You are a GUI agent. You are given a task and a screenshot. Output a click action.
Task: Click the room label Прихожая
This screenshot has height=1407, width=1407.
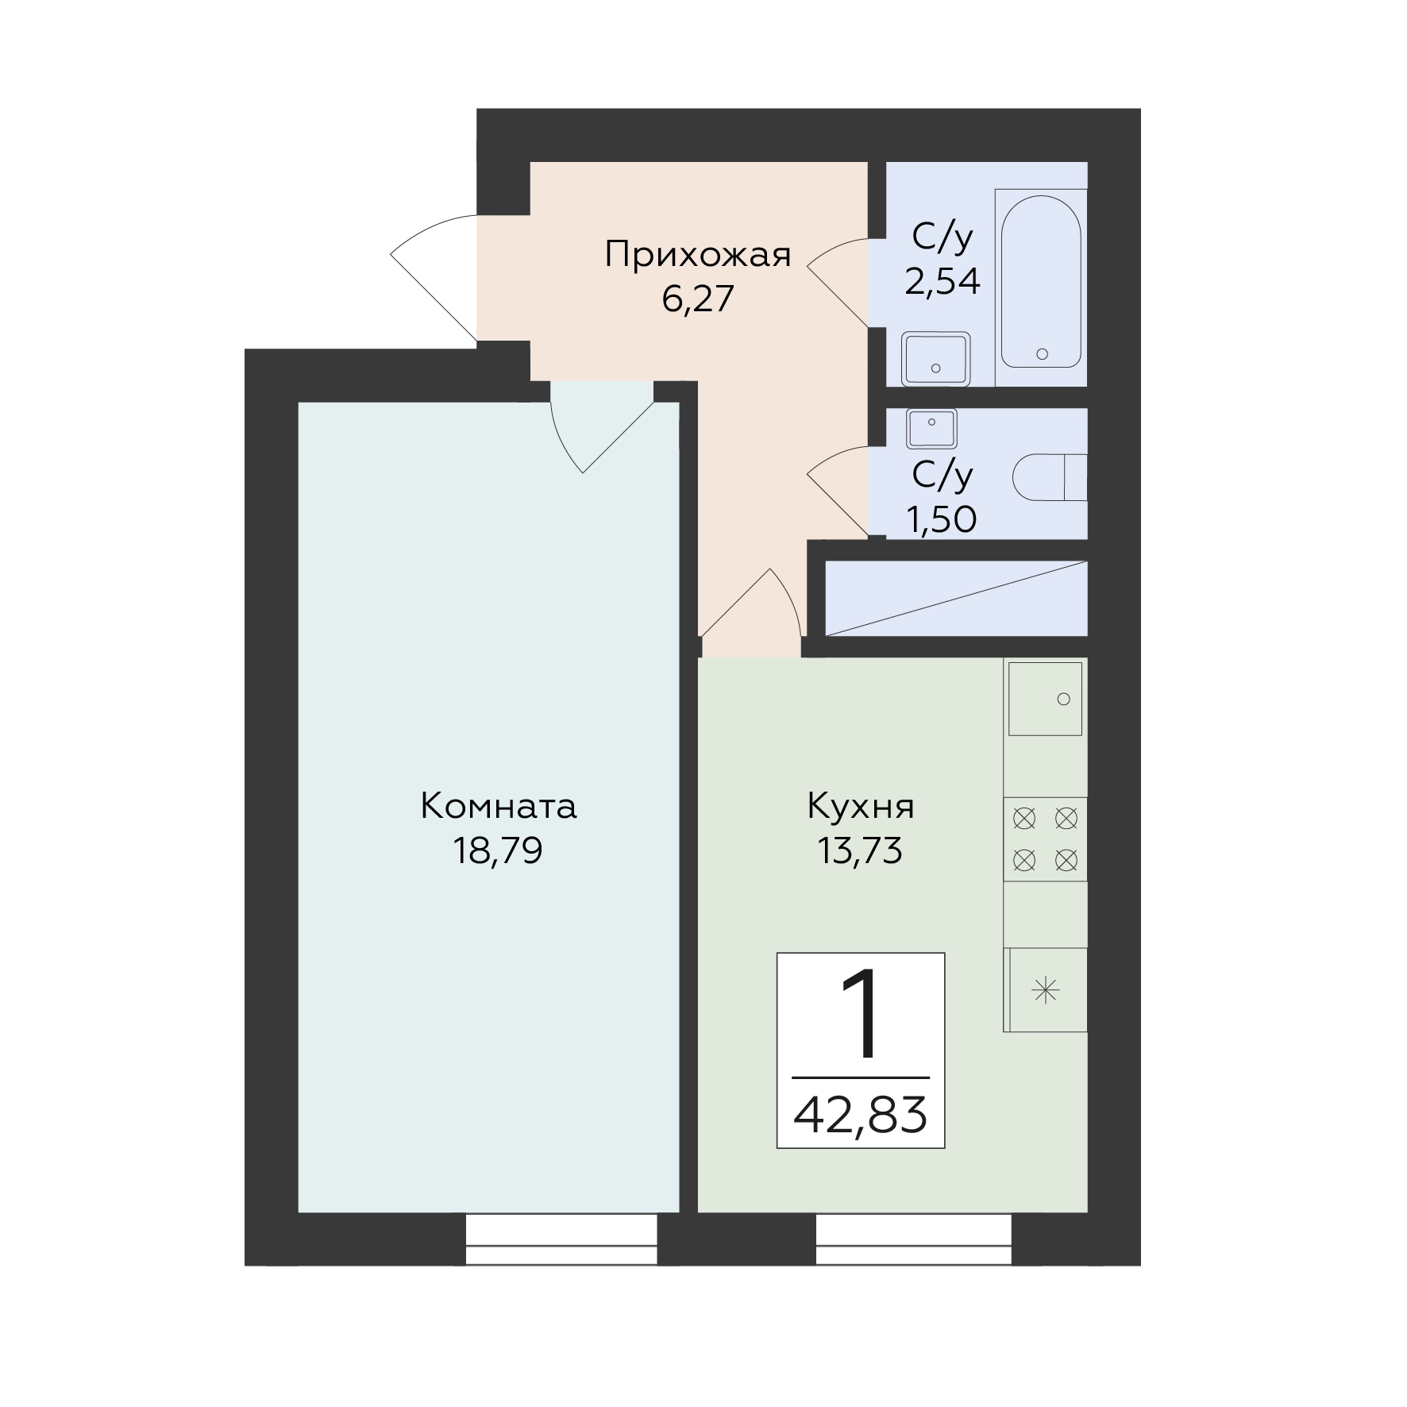tap(698, 255)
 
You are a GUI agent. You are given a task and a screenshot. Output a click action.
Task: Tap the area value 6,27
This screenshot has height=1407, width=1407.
tap(698, 299)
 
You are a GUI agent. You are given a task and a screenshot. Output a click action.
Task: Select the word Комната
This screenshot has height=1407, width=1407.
tap(498, 806)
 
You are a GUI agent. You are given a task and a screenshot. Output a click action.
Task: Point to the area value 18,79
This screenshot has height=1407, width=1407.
tap(498, 851)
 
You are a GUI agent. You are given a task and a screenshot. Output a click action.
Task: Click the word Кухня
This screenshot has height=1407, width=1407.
tap(861, 807)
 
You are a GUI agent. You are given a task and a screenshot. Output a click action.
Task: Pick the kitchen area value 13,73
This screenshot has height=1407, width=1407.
tap(861, 851)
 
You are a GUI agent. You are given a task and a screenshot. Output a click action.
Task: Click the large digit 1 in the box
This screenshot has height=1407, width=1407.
tap(861, 1014)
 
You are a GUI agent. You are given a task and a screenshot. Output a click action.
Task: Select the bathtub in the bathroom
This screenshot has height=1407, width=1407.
tap(1041, 281)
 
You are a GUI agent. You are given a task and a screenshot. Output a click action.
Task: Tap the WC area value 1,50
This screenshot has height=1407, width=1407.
tap(942, 519)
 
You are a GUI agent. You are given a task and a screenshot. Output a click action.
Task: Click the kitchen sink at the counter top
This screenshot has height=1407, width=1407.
tap(1045, 699)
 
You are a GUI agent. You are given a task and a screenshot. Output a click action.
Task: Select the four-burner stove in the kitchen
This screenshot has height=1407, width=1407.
tap(1045, 838)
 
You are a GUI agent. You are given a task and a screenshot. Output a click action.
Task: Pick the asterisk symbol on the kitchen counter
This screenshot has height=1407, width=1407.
tap(1046, 990)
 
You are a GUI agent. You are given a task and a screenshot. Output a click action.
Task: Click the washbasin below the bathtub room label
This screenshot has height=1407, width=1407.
tap(935, 359)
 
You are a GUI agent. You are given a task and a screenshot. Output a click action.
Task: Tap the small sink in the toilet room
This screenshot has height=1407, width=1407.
tap(931, 429)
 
